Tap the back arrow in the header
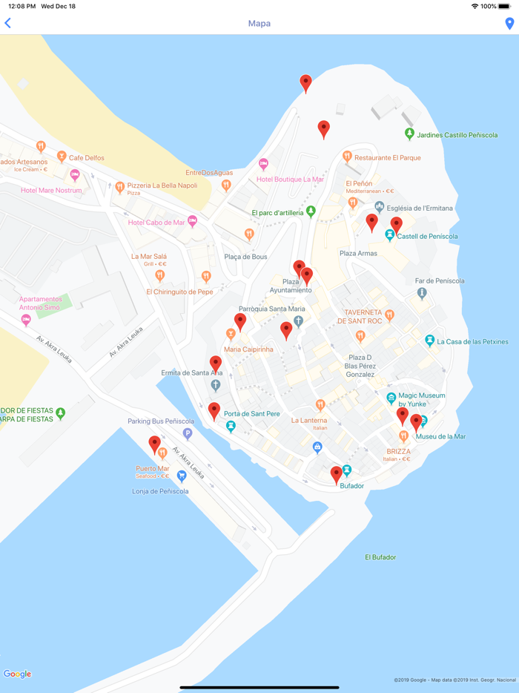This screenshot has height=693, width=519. [8, 24]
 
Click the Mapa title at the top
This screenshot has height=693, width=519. [259, 24]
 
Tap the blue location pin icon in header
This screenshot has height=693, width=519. [509, 24]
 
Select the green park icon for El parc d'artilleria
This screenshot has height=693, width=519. [311, 211]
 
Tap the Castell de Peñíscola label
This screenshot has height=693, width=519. [428, 237]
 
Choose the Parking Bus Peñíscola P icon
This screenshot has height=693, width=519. [188, 434]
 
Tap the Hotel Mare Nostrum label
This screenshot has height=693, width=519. [51, 191]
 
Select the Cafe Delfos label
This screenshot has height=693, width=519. [87, 158]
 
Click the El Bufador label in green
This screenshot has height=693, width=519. [380, 557]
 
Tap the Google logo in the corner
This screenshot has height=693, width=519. [18, 674]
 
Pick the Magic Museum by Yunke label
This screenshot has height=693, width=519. [422, 400]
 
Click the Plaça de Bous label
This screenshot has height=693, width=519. [245, 257]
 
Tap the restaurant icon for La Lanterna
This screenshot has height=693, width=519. [320, 405]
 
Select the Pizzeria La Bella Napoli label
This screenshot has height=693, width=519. [162, 185]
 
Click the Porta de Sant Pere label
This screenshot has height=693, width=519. [252, 414]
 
